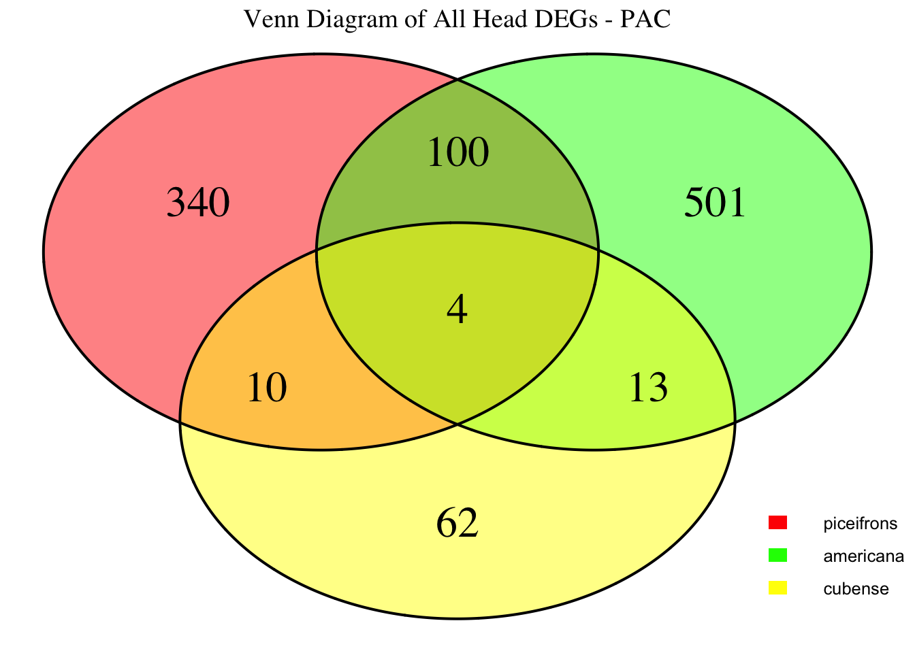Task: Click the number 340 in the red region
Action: [x=198, y=203]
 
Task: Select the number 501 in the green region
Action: [x=715, y=203]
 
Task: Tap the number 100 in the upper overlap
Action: [x=458, y=152]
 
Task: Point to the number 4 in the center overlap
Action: [x=457, y=309]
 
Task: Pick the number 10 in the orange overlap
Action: [x=267, y=388]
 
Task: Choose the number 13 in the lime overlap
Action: [x=648, y=388]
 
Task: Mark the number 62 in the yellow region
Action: [x=457, y=523]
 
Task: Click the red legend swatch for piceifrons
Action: [x=777, y=523]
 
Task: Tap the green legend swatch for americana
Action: [x=777, y=556]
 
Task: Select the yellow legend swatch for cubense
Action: [x=777, y=588]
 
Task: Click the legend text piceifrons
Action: [x=861, y=524]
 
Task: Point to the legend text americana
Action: [x=863, y=556]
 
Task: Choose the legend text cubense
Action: [x=856, y=589]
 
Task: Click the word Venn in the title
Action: [x=272, y=19]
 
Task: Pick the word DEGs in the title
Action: [x=566, y=19]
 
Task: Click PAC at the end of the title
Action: [x=645, y=19]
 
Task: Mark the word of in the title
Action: [x=415, y=19]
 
